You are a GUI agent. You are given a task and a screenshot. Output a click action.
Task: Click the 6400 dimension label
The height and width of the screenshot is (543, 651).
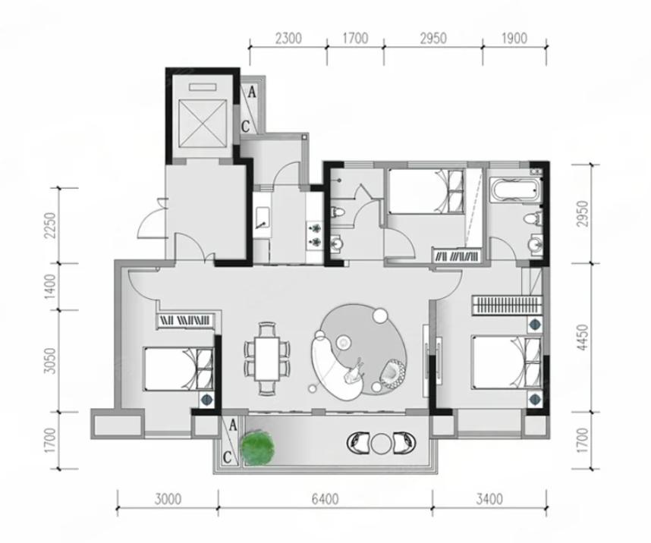[325, 499]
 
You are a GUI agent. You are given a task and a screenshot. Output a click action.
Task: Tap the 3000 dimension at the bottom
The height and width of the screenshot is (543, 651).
[168, 499]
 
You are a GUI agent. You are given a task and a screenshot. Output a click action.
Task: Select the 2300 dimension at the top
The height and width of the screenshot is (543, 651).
[288, 39]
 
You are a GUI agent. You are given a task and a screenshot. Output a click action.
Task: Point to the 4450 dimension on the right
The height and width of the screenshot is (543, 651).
[583, 337]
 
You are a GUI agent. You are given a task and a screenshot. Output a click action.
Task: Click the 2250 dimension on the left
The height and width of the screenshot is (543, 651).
[50, 224]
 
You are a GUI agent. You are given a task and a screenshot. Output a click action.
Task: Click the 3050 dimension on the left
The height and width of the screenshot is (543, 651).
[50, 360]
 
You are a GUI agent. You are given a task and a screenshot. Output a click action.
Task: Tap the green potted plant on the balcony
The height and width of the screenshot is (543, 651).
[257, 447]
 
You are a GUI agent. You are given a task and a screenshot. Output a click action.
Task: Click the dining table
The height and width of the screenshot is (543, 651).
[267, 358]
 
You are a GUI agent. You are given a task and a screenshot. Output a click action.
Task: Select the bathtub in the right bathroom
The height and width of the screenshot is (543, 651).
[516, 190]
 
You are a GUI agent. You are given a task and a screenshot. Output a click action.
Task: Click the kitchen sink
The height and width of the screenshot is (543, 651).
[263, 218]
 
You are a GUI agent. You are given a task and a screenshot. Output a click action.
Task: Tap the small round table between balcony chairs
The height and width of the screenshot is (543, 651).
[380, 444]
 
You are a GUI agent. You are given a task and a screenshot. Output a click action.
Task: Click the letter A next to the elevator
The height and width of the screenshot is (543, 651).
[252, 93]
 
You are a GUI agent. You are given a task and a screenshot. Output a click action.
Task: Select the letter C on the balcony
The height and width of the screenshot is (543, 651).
[227, 457]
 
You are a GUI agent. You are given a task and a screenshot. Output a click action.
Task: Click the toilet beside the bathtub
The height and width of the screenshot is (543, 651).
[533, 218]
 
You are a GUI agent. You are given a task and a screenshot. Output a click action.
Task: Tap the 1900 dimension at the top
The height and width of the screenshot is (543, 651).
[514, 39]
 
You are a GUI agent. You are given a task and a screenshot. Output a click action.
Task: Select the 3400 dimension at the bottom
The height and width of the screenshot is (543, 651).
[489, 499]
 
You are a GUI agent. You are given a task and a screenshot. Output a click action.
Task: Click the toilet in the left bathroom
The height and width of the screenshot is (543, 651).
[337, 212]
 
